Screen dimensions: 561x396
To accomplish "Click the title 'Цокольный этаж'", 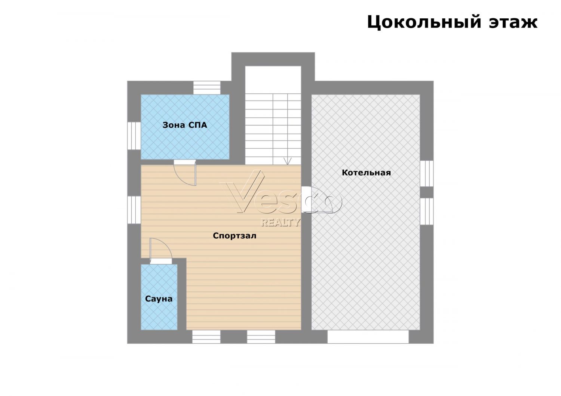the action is tap(452, 22).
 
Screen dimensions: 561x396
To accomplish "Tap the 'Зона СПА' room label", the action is tap(185, 125).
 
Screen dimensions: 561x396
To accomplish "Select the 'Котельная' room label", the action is tap(366, 173).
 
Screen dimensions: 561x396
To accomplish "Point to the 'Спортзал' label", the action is tap(234, 236).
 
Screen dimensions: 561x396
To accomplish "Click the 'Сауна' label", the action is tap(159, 299).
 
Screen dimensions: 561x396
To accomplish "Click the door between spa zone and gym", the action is tap(185, 173).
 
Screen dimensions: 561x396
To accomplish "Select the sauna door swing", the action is tap(161, 251).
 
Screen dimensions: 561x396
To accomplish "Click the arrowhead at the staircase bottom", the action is tap(288, 161).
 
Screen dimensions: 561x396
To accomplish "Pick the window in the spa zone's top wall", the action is tap(207, 87).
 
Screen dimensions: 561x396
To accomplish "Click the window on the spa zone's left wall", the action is tap(134, 136).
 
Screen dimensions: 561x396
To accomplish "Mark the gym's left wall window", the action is tap(134, 210).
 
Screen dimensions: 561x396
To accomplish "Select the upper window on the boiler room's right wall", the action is tap(427, 173).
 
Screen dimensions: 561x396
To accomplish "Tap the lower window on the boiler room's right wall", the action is tap(427, 211).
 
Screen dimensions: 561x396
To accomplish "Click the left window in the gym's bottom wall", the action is tap(206, 337).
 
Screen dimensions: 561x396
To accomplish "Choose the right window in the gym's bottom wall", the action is tap(261, 337).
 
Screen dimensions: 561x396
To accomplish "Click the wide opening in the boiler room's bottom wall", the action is tap(368, 337).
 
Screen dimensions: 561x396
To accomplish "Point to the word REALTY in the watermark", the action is tap(280, 222).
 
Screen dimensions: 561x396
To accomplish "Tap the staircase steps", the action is tap(273, 129).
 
